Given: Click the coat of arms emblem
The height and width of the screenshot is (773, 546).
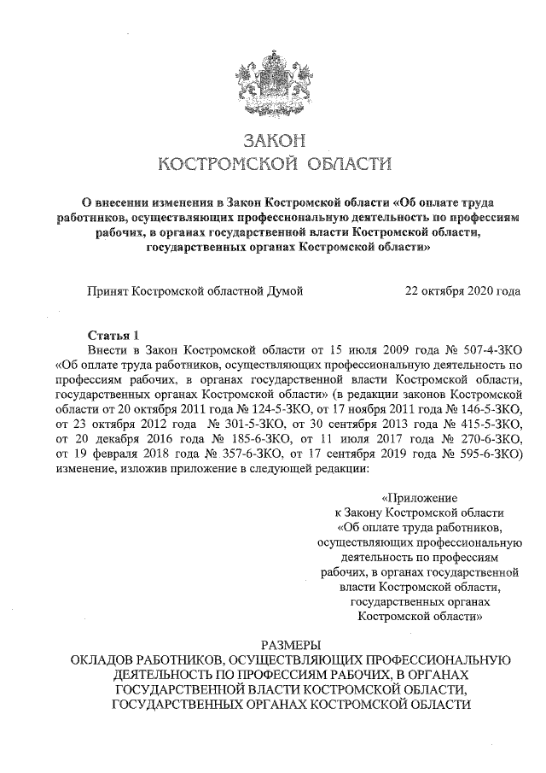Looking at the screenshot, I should [273, 81].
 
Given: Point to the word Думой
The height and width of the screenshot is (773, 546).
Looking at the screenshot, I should [285, 292].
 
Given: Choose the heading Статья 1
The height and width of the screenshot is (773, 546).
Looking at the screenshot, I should [113, 335].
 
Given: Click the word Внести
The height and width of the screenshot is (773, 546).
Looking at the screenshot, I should [108, 350].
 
